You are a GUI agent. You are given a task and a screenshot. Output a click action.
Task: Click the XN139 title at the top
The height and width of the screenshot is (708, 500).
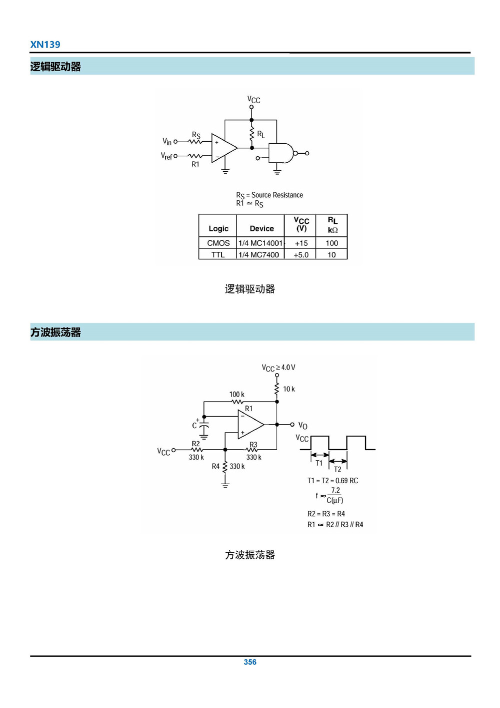(45, 45)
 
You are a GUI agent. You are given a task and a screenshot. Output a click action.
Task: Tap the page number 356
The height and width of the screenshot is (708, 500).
(250, 662)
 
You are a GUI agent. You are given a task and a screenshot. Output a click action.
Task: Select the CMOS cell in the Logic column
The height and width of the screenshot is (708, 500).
(218, 243)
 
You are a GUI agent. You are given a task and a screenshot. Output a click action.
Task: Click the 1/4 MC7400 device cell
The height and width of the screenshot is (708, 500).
(259, 255)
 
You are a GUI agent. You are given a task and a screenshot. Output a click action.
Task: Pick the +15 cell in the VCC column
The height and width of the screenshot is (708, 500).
(301, 243)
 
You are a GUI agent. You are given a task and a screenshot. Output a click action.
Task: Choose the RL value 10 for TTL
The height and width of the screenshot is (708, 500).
(331, 255)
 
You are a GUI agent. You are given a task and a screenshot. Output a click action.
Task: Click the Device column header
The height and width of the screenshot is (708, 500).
(261, 228)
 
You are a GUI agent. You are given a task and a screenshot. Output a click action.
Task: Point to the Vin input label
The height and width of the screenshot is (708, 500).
(167, 142)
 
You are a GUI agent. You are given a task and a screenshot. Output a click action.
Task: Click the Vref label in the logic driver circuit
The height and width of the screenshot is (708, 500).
(166, 156)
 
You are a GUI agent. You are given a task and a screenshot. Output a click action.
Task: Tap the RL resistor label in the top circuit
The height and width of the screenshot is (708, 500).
(261, 134)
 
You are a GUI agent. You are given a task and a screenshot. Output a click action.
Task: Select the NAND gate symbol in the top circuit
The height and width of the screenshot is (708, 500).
(281, 153)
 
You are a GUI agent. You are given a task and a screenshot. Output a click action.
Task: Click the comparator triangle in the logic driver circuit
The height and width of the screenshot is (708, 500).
(223, 148)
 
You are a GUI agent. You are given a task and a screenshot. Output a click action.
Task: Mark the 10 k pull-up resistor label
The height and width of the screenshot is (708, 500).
(289, 389)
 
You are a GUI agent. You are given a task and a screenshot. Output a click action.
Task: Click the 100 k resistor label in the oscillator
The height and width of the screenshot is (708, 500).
(237, 395)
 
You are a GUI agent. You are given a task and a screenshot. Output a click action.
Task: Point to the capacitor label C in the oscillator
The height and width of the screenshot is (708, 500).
(194, 426)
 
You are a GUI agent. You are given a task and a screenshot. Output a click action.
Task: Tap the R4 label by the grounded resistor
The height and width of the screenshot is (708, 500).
(215, 466)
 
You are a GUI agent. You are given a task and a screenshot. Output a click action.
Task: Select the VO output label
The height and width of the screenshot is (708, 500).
(303, 426)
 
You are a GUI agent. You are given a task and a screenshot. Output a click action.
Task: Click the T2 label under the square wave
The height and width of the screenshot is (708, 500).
(337, 469)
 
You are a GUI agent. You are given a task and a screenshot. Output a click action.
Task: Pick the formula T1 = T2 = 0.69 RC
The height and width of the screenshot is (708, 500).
(332, 481)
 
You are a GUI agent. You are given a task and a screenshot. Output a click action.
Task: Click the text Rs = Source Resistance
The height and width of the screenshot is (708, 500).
(269, 195)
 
